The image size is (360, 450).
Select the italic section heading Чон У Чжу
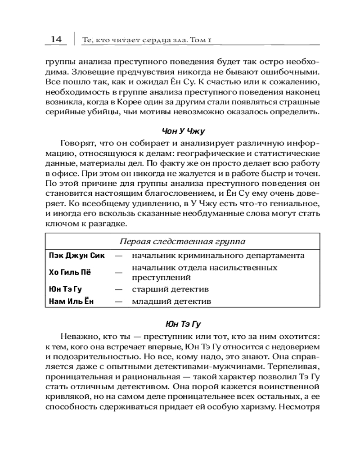pyautogui.click(x=183, y=131)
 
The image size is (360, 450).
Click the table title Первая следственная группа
pyautogui.click(x=182, y=241)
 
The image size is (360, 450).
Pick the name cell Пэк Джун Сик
pyautogui.click(x=76, y=256)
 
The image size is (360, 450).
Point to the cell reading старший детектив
pyautogui.click(x=170, y=289)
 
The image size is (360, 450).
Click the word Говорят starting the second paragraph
pyautogui.click(x=77, y=144)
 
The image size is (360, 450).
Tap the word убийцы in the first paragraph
pyautogui.click(x=99, y=112)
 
